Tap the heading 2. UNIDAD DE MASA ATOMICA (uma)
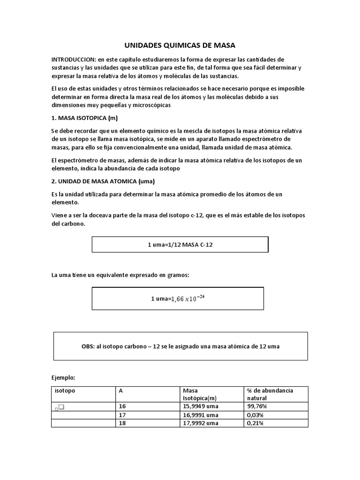103,181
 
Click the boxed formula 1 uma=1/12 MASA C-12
180,245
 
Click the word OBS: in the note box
89,346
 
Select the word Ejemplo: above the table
63,377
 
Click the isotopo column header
65,390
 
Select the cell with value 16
123,406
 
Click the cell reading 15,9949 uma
201,406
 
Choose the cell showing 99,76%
255,406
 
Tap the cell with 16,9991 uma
201,415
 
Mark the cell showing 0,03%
255,415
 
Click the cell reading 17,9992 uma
201,423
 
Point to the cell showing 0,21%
255,423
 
